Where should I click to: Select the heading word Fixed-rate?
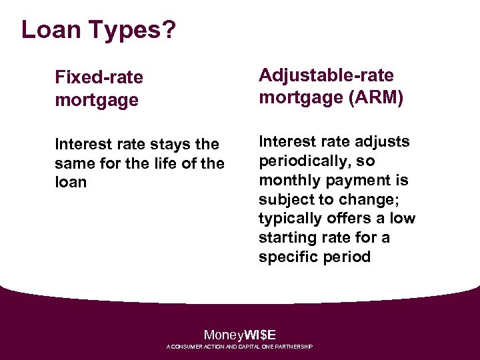click(99, 77)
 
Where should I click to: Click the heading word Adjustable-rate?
click(326, 75)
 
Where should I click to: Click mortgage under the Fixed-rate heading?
click(97, 101)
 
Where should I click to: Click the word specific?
click(288, 257)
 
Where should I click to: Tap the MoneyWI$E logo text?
click(240, 335)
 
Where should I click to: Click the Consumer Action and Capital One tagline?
click(240, 347)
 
